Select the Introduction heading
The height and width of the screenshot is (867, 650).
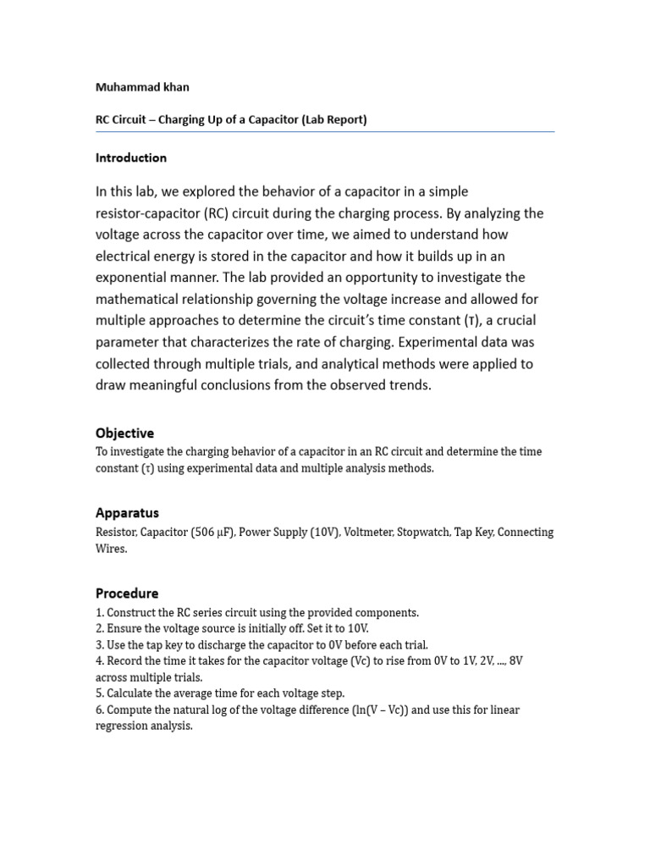click(x=131, y=157)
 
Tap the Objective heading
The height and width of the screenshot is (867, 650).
click(x=124, y=433)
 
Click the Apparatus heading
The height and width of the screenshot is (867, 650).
click(x=127, y=513)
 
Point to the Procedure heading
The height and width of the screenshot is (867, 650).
click(x=127, y=594)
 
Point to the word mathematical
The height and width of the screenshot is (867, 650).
click(x=143, y=299)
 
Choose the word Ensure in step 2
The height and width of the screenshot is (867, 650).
click(x=124, y=628)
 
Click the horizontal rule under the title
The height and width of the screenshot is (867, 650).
click(x=325, y=132)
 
